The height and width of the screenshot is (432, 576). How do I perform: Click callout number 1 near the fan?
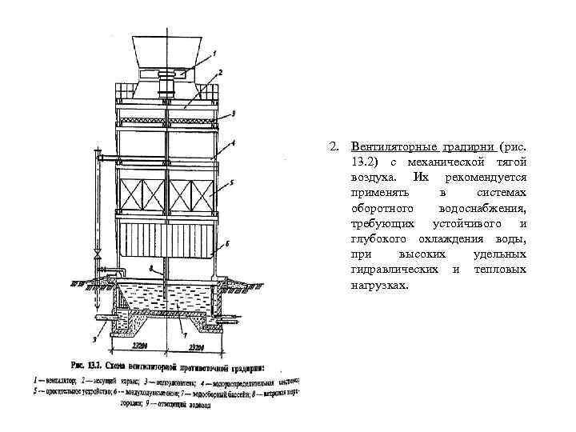click(214, 53)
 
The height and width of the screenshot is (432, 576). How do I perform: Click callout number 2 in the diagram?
click(219, 73)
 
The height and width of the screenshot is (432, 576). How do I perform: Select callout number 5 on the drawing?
click(231, 183)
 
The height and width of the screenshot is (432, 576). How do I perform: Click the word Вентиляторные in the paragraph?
click(394, 148)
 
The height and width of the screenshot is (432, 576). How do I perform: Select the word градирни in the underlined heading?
click(467, 148)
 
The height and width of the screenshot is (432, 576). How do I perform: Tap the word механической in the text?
click(460, 162)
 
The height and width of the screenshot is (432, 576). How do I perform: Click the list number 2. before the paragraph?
click(332, 148)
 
